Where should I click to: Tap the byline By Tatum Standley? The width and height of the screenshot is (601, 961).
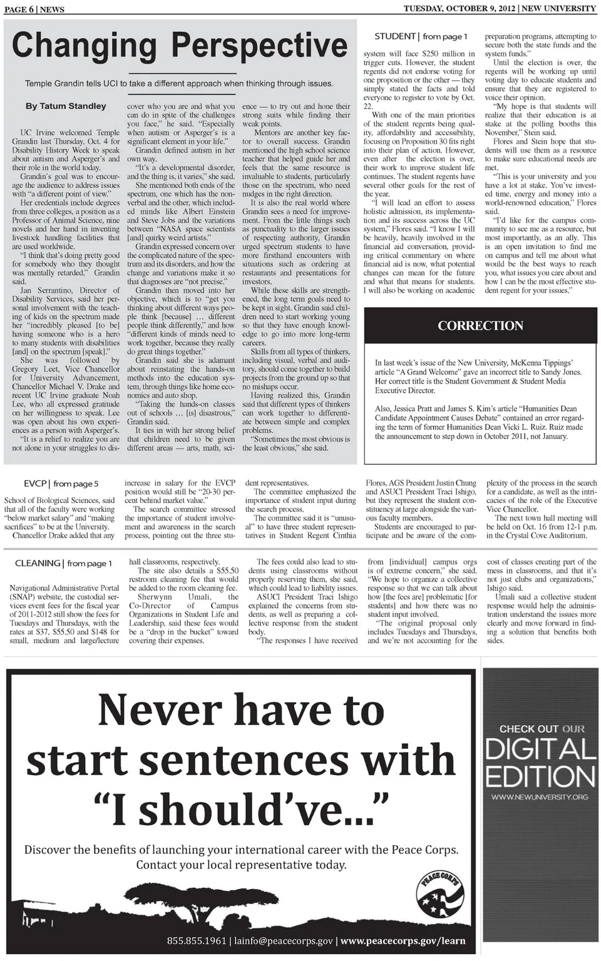(66, 106)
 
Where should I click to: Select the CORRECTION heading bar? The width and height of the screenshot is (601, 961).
(480, 326)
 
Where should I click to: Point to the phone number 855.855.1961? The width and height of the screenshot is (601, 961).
(197, 941)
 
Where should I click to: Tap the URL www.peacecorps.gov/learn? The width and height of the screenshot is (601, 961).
(403, 941)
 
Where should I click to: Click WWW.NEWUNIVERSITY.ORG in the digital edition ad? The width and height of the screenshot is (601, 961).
(540, 797)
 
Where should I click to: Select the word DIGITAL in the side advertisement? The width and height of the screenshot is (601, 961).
(540, 750)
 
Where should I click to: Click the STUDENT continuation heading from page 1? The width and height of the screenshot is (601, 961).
(421, 36)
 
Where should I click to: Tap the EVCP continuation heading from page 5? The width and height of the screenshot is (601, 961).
(61, 484)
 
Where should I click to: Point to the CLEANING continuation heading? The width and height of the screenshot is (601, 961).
(63, 563)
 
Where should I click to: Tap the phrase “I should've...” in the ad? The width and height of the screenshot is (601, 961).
(241, 809)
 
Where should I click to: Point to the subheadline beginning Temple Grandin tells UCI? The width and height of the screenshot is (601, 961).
(179, 83)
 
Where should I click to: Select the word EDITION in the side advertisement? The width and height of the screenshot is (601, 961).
(540, 776)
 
